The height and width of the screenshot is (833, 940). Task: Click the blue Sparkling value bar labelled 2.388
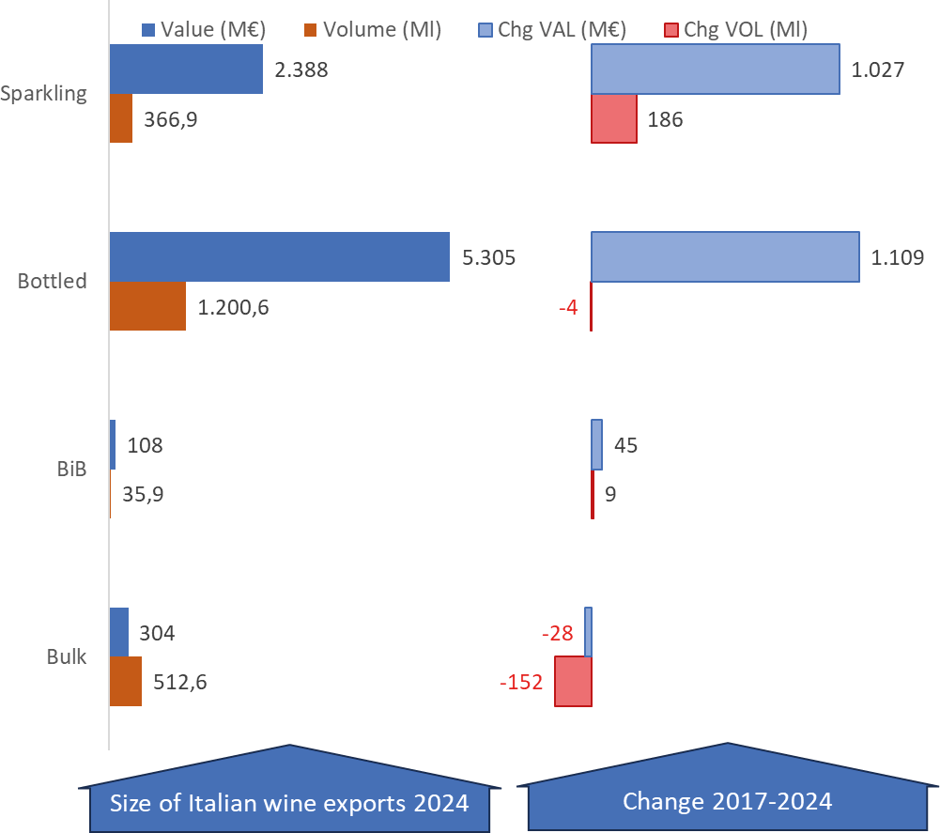[187, 69]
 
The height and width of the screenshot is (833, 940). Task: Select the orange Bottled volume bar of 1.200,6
[148, 306]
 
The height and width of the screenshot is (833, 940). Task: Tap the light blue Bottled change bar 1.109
[725, 256]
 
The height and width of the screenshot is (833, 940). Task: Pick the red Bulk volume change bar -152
[573, 681]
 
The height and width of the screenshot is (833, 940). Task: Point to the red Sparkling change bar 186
[614, 118]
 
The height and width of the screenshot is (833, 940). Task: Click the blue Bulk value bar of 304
[119, 632]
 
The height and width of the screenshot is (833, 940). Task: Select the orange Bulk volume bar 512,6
[126, 681]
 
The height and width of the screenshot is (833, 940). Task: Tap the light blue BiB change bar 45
[596, 444]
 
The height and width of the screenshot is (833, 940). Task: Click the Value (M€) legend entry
[204, 29]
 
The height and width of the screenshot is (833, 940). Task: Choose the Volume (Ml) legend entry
[373, 29]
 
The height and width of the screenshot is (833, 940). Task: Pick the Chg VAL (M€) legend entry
[552, 29]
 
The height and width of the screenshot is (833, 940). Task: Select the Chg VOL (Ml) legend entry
[736, 29]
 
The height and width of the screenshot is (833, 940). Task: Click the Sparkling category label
[43, 94]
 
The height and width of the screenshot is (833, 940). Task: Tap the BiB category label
[72, 469]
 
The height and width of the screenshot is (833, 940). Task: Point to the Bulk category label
[67, 656]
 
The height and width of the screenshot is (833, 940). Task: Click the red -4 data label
[568, 307]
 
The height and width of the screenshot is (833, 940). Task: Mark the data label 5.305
[488, 257]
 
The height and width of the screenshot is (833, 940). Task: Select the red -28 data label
[558, 633]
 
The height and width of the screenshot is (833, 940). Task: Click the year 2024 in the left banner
[440, 803]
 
